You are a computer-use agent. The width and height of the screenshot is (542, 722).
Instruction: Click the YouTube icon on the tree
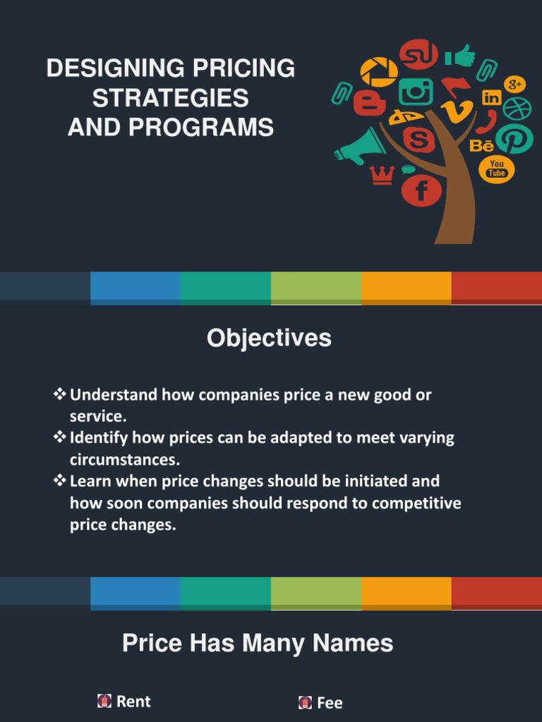(x=497, y=169)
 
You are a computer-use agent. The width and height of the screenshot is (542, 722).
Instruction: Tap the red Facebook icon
(x=421, y=190)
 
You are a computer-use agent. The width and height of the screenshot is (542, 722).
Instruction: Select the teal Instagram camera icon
(x=416, y=92)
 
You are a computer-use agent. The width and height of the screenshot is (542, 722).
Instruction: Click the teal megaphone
(x=361, y=146)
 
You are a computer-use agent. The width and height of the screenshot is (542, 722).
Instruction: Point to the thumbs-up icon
(x=459, y=55)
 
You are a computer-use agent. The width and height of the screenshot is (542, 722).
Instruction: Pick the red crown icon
(x=382, y=175)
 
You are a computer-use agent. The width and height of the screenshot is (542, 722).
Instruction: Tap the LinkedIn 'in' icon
(x=492, y=98)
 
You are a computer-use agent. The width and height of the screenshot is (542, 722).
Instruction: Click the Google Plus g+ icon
(x=515, y=84)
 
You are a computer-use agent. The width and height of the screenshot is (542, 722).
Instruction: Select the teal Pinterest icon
(x=514, y=139)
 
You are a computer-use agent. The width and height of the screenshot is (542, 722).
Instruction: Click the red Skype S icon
(x=418, y=140)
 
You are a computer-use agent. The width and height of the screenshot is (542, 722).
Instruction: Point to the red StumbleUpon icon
(x=418, y=54)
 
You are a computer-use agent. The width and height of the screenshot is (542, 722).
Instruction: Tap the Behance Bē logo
(x=482, y=146)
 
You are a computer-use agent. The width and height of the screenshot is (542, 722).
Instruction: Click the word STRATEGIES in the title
(x=170, y=98)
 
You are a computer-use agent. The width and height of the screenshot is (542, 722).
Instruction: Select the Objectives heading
(x=269, y=338)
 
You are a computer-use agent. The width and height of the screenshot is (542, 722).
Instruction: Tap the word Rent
(x=133, y=701)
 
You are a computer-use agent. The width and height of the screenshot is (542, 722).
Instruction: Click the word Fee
(x=330, y=702)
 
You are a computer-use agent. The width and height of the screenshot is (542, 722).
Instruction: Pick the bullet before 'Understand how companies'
(x=60, y=394)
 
